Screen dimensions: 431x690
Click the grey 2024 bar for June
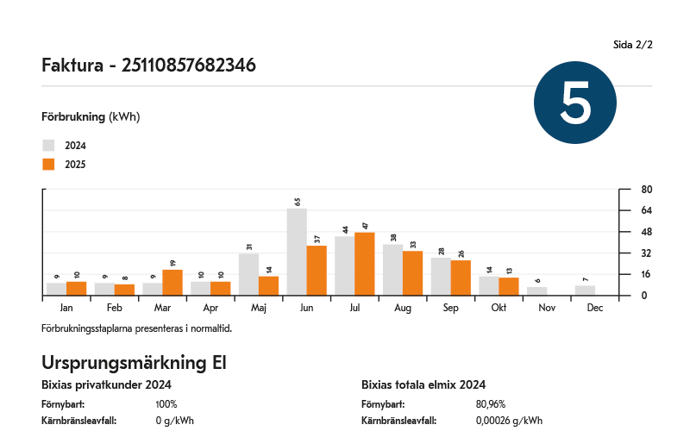(x=297, y=253)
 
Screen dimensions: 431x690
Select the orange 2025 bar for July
(x=365, y=264)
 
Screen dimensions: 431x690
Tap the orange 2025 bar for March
(x=172, y=283)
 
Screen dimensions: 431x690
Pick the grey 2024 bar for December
(x=586, y=290)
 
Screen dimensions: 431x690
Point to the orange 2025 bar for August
(x=413, y=273)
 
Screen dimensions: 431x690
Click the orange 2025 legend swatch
(x=48, y=165)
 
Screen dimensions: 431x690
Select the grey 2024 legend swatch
(x=48, y=146)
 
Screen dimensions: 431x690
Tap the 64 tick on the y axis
(x=646, y=211)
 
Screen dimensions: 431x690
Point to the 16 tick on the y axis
(x=646, y=275)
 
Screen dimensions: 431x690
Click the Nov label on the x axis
(x=547, y=308)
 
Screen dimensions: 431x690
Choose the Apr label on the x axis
(x=210, y=308)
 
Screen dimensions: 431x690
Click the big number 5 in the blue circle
(x=575, y=103)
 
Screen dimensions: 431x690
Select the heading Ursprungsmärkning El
(x=134, y=363)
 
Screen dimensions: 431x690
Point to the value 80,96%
(x=491, y=403)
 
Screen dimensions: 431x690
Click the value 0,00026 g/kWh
(x=509, y=421)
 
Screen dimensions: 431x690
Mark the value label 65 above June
(x=297, y=202)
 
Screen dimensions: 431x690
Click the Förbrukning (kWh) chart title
(x=91, y=116)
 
